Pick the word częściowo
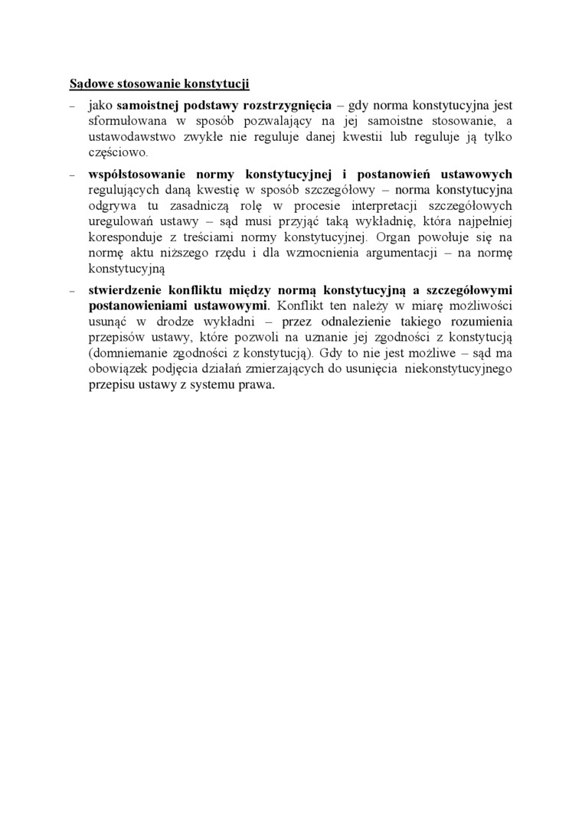116,152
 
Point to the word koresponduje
126,238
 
